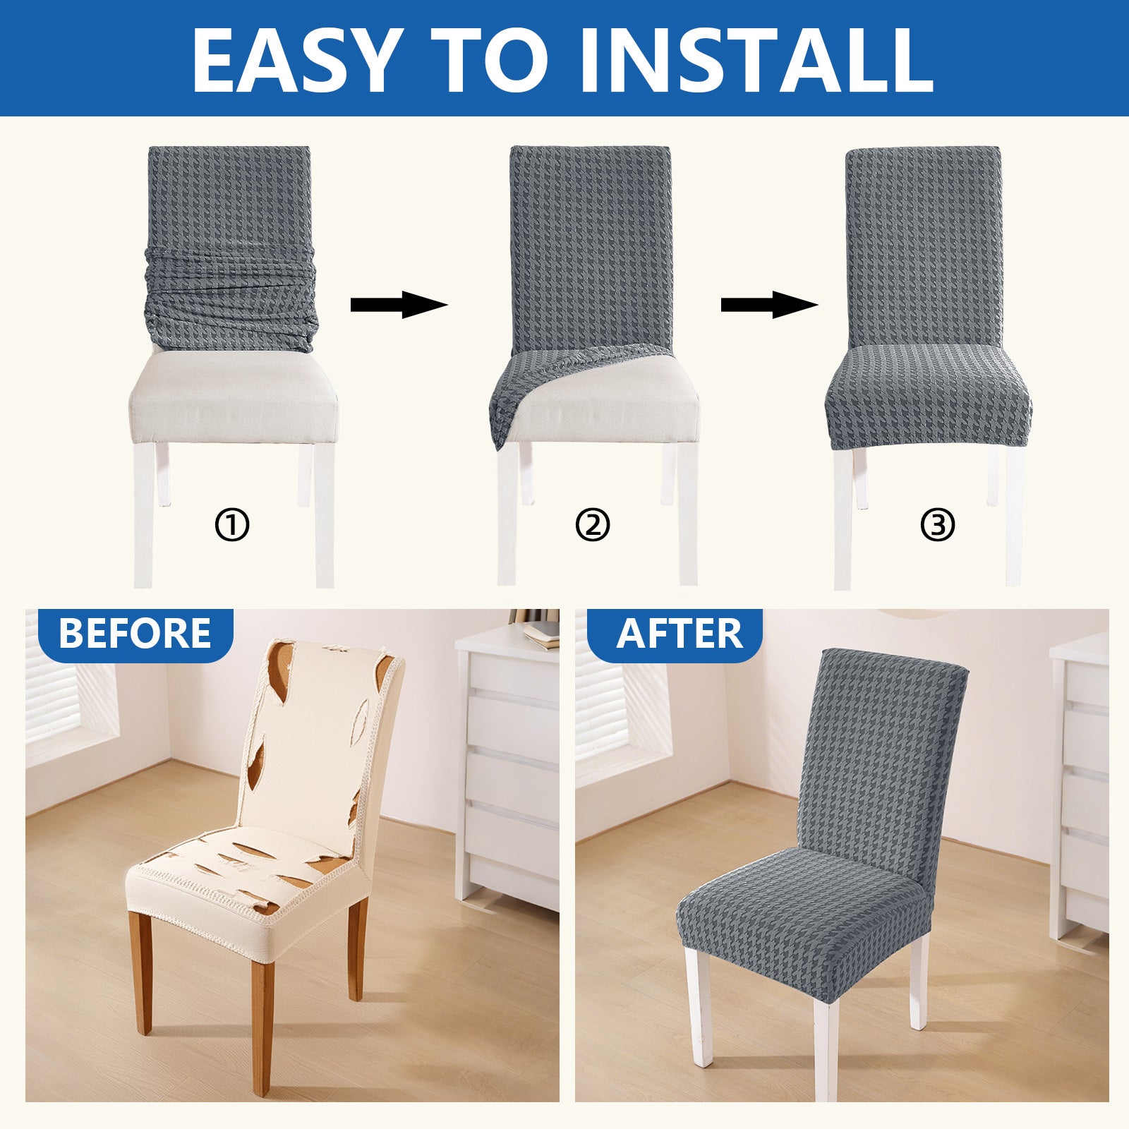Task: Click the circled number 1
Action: [232, 526]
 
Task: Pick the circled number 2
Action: [592, 526]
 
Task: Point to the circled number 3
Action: [938, 526]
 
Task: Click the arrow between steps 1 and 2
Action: [399, 305]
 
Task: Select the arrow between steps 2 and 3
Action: [768, 305]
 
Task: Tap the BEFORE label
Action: [135, 633]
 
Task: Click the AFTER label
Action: [679, 633]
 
